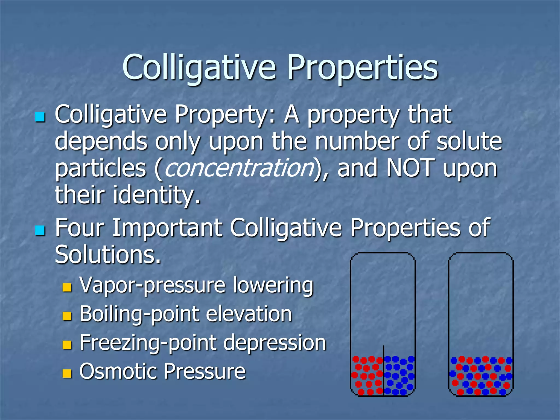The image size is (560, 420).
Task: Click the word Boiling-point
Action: (x=140, y=314)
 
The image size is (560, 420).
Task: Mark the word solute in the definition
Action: (x=469, y=141)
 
